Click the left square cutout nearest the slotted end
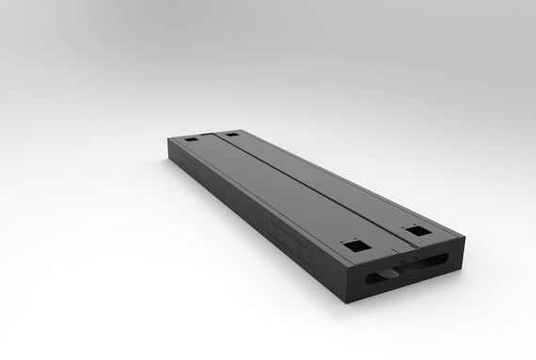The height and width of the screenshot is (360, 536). [x=355, y=245]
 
